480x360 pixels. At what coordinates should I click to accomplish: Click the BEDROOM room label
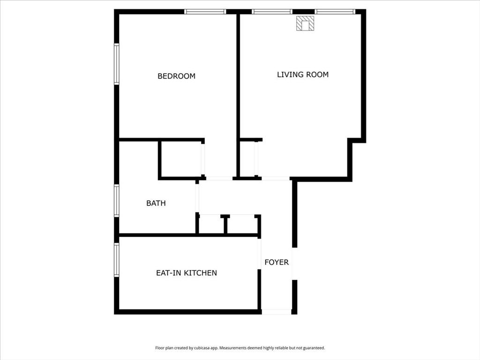click(x=176, y=76)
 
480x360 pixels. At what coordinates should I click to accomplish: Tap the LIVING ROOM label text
click(x=302, y=75)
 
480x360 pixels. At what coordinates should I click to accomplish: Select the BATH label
click(x=156, y=203)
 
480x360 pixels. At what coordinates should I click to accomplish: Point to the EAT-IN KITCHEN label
click(x=186, y=273)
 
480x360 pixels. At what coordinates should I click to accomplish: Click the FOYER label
click(x=277, y=262)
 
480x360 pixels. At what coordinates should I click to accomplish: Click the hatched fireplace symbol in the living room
click(x=305, y=24)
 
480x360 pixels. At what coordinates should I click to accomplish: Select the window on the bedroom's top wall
click(x=205, y=12)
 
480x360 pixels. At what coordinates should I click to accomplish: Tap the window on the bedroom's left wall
click(x=117, y=64)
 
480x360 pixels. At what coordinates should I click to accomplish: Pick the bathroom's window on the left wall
click(x=117, y=201)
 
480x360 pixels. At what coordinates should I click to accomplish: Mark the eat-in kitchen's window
click(x=117, y=259)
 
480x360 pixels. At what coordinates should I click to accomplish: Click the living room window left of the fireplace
click(x=272, y=12)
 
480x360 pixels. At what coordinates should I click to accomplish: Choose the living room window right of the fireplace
click(x=335, y=12)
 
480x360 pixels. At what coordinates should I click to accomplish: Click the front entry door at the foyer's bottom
click(x=277, y=312)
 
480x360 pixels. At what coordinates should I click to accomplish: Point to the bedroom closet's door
click(x=203, y=159)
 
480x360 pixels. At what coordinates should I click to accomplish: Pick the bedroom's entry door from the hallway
click(x=219, y=178)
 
